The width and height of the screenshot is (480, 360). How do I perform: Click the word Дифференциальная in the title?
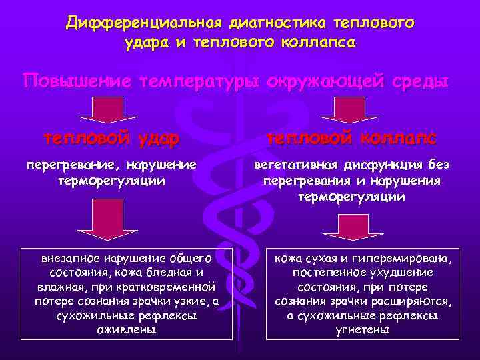[143, 24]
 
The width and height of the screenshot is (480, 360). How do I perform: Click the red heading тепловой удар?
[111, 139]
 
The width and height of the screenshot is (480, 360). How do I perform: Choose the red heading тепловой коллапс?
[351, 139]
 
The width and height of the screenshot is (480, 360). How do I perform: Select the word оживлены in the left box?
[127, 330]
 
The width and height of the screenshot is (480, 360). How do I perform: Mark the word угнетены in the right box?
[363, 330]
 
